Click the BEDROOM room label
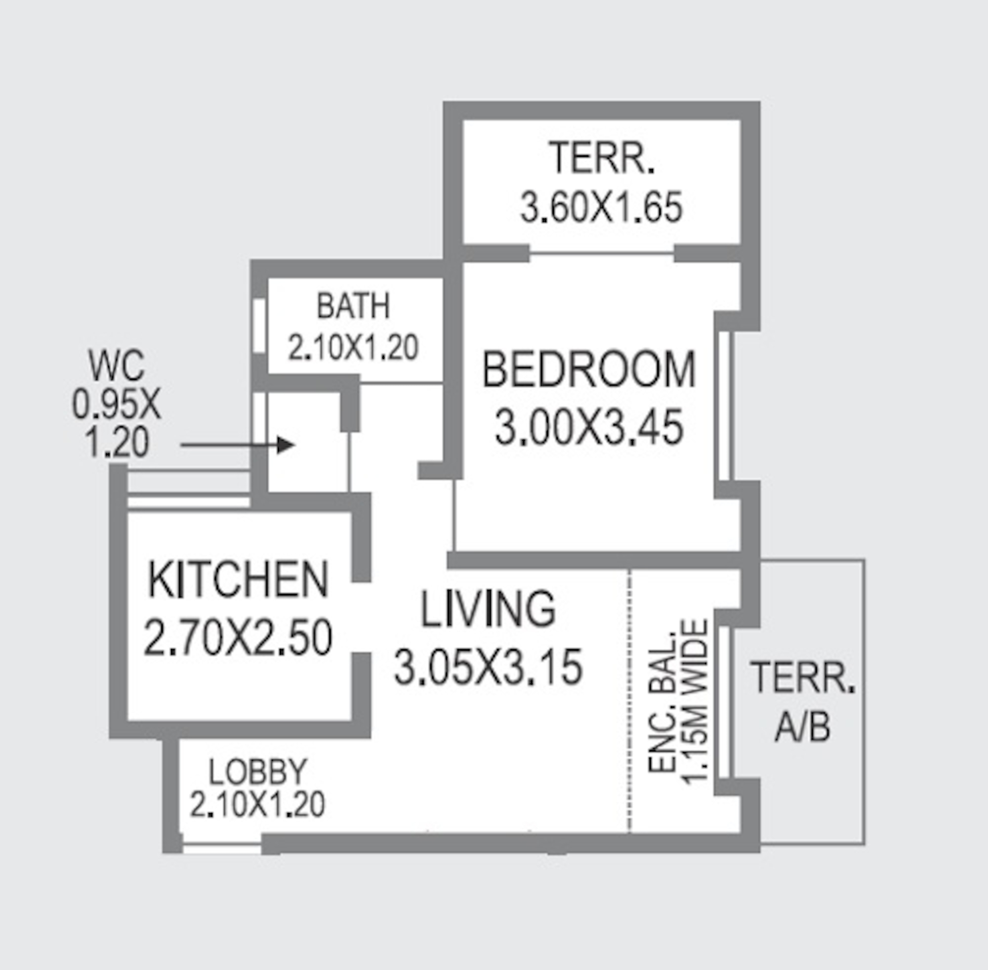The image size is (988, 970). [589, 369]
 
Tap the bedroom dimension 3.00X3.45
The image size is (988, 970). [589, 428]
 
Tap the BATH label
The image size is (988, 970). [353, 306]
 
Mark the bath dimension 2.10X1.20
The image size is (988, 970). [353, 348]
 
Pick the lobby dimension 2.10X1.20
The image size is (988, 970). [258, 805]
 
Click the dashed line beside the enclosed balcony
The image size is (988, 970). [630, 703]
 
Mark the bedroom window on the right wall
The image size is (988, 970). [726, 406]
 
